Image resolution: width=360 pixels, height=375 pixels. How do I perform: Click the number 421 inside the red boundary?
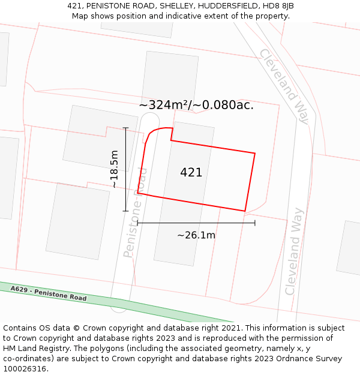point(191,173)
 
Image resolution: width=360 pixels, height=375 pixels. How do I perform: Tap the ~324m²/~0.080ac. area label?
point(196,105)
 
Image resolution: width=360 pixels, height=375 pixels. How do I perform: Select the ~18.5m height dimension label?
point(114,169)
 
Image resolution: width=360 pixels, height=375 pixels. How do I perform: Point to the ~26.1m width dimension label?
point(196,235)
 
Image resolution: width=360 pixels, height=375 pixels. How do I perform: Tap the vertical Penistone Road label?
point(136,213)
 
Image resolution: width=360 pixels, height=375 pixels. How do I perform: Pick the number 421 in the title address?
point(74,6)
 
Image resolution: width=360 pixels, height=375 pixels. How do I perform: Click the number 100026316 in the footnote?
point(25,369)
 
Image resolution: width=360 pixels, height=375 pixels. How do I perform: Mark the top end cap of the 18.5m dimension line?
point(125,128)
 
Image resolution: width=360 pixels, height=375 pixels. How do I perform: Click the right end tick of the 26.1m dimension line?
point(255,223)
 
